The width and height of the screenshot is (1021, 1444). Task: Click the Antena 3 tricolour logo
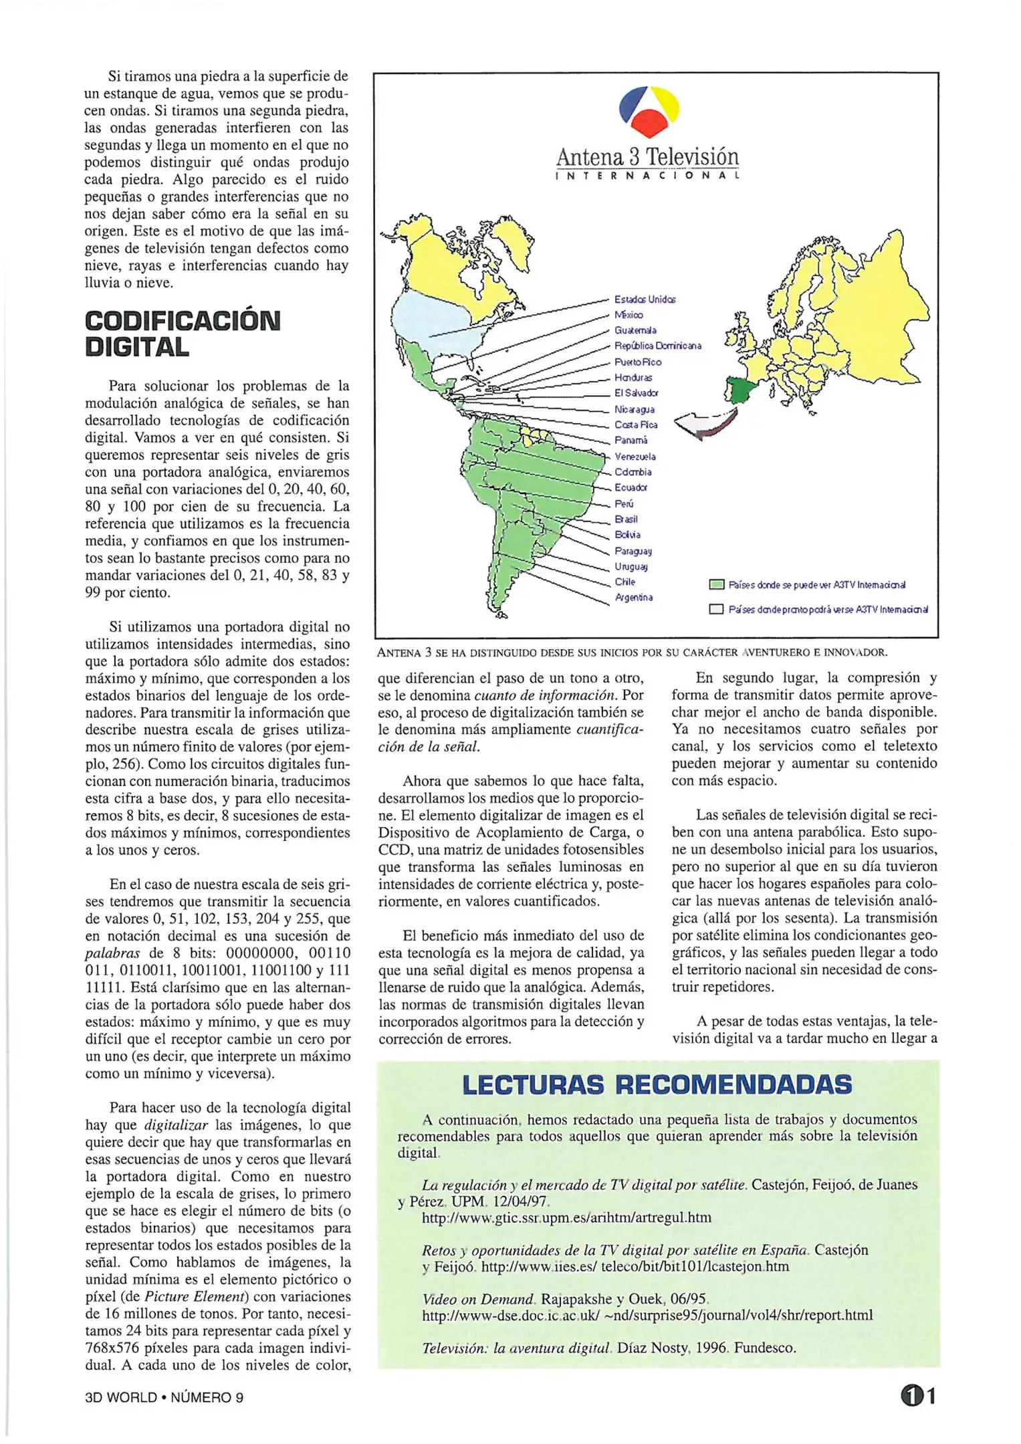pos(649,111)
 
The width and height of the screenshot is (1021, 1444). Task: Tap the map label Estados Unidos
pos(645,299)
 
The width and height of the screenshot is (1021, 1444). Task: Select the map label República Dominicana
pos(657,346)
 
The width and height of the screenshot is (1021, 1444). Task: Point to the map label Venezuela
pos(635,457)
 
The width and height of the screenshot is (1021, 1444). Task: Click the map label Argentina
pos(633,598)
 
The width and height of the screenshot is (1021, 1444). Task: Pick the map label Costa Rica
pos(635,425)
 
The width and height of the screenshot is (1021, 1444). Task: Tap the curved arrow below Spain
pos(705,425)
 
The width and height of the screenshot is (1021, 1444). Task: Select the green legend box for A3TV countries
pos(716,585)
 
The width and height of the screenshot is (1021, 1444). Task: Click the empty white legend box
pos(716,610)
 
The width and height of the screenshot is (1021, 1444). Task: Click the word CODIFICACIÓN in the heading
pos(182,322)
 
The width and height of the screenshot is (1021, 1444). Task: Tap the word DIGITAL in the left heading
pos(137,348)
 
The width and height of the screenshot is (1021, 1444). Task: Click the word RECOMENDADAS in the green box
pos(733,1084)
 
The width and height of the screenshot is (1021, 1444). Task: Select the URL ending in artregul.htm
pos(566,1217)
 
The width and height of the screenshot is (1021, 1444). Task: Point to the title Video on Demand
pos(479,1299)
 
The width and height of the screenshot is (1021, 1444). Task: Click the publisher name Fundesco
pos(765,1348)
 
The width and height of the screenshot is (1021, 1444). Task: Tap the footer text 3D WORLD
pos(120,1397)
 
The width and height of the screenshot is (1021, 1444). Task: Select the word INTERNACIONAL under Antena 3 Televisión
pos(647,176)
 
